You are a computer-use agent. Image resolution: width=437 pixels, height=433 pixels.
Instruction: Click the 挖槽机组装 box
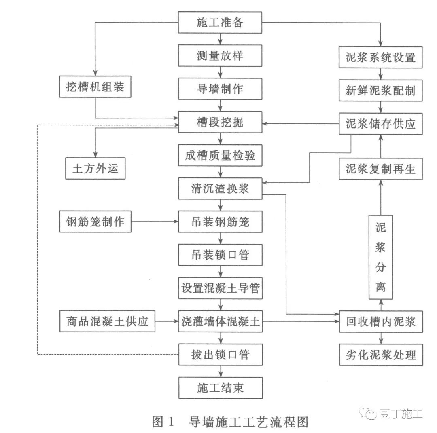coord(95,87)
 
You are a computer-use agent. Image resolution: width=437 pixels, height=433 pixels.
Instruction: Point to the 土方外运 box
coord(95,168)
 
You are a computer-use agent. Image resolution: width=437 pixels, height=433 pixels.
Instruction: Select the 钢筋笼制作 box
coord(95,221)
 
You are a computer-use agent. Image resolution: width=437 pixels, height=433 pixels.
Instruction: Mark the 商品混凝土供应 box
coord(107,322)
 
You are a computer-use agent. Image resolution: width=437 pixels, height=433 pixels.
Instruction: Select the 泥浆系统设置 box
coord(381,57)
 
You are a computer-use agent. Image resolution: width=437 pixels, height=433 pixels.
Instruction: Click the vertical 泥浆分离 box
coord(380,258)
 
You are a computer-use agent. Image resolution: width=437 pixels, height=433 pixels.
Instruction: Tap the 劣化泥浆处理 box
coord(381,355)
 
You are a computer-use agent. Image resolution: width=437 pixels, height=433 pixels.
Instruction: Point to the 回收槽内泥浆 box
coord(381,322)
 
